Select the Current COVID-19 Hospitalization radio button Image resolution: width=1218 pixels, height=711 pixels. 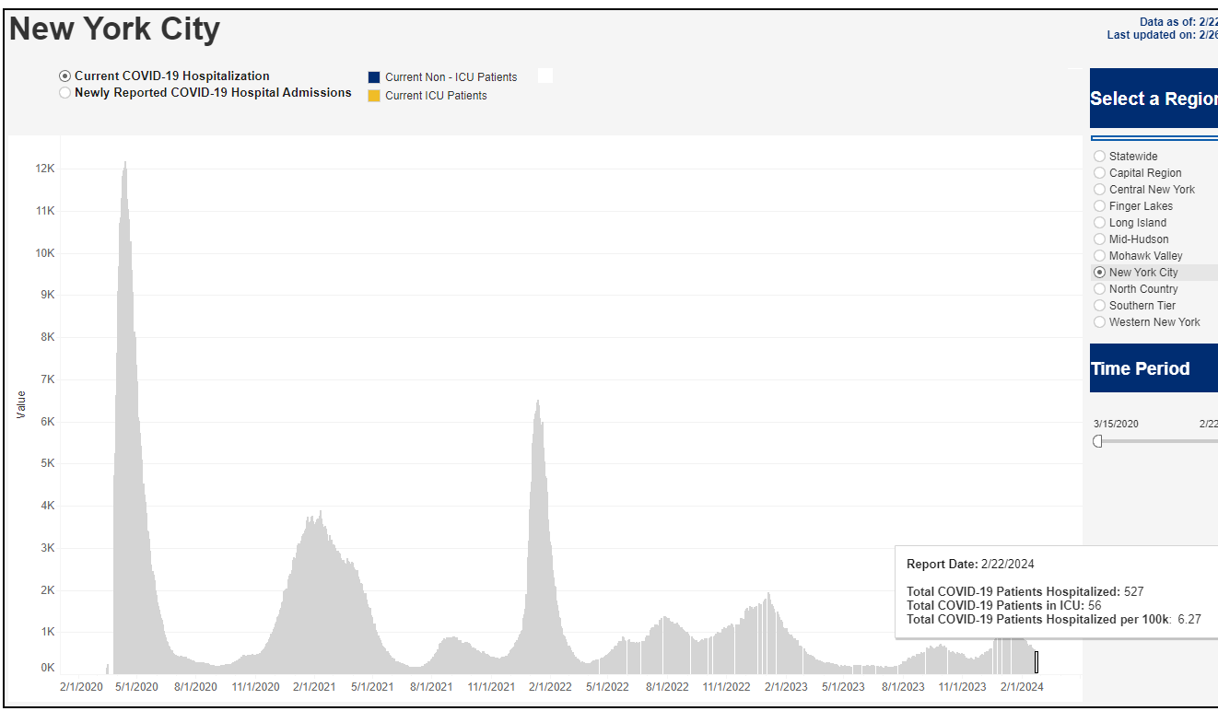64,76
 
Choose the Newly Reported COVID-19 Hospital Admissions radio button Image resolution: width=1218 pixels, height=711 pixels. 64,93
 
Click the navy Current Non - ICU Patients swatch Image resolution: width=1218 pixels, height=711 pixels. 374,77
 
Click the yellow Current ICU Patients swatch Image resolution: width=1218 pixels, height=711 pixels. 374,96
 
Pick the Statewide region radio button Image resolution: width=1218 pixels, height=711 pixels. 1099,157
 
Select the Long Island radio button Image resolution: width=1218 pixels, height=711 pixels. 1099,223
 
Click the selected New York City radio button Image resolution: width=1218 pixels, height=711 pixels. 1099,273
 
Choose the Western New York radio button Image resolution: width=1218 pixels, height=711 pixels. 1099,322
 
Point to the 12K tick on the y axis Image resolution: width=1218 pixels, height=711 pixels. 45,169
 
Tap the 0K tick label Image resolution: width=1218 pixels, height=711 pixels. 47,668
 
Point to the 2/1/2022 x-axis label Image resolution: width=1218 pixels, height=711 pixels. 550,686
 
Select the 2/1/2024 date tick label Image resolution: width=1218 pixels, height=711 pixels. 1022,686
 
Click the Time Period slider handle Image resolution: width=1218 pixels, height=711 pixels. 1097,441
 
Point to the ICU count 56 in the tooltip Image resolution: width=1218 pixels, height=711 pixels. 1094,606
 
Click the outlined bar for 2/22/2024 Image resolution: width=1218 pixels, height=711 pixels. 1036,661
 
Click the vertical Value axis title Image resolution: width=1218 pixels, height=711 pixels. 21,404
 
